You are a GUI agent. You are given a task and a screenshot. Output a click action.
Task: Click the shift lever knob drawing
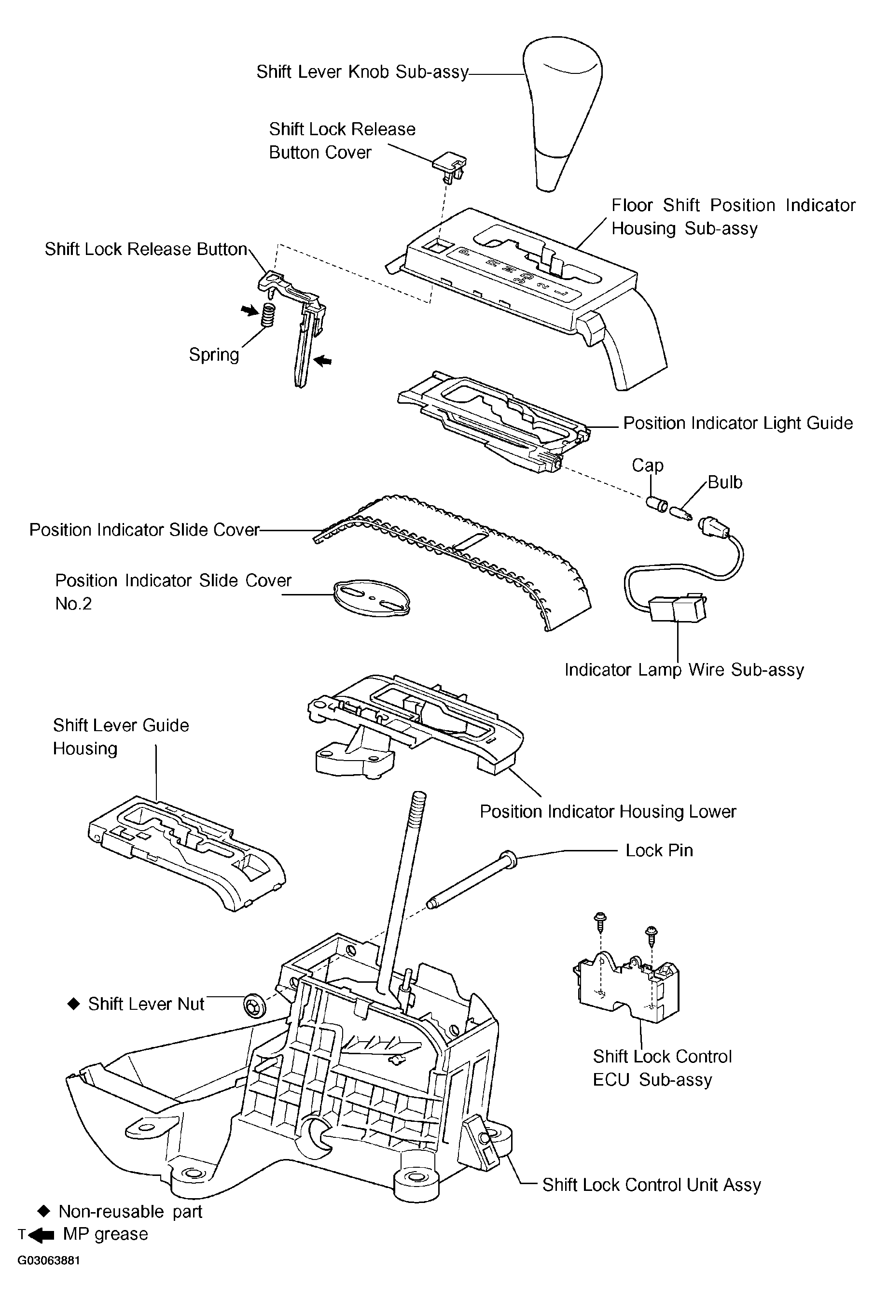(562, 112)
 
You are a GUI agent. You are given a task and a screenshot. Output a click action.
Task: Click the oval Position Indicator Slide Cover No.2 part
(371, 598)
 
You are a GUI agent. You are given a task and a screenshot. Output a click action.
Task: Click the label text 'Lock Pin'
(659, 850)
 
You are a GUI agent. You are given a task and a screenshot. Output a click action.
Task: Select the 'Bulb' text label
(725, 482)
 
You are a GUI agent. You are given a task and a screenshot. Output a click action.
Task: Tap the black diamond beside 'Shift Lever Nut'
(73, 1004)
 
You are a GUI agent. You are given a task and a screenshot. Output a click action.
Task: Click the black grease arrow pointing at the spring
(250, 310)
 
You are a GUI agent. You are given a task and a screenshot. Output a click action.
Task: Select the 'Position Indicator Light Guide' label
(738, 423)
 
